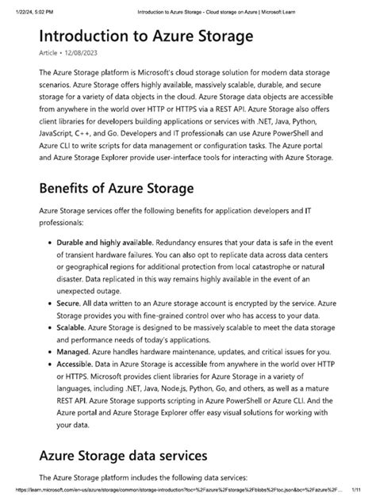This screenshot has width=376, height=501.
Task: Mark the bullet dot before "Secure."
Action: pos(49,303)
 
